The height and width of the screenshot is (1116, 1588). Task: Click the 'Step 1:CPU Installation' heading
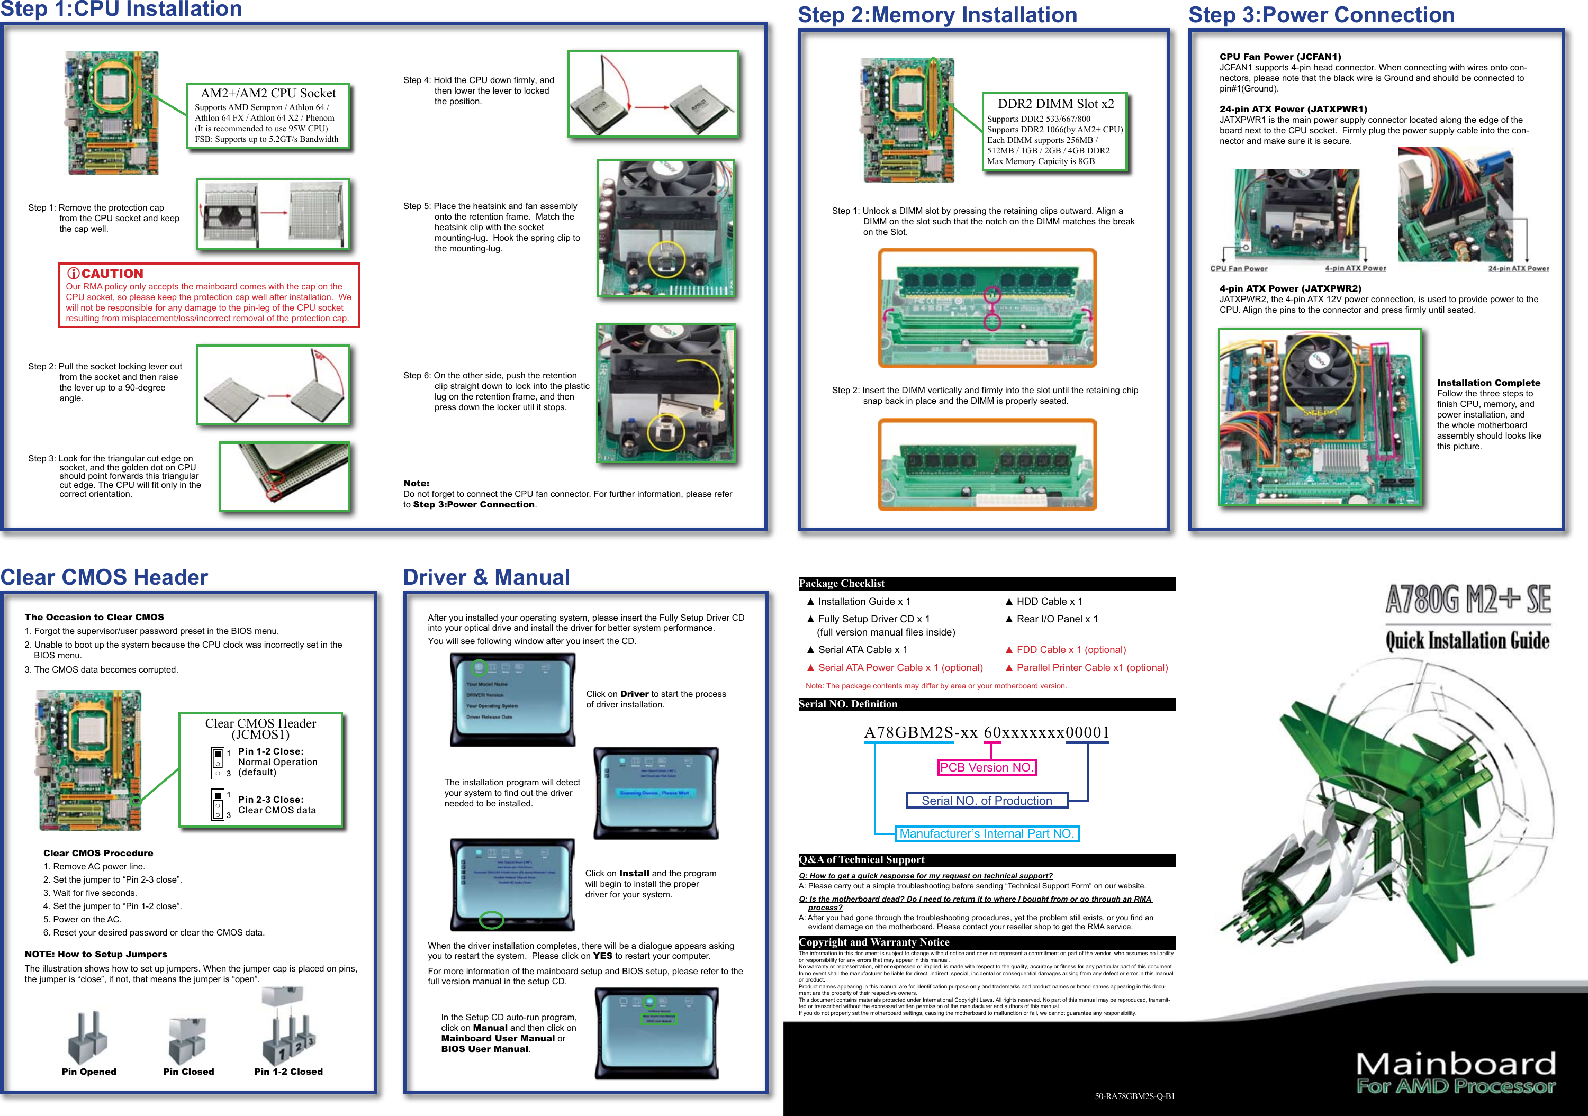[x=121, y=9]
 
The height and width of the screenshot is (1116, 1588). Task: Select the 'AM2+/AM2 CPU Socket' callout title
[x=268, y=93]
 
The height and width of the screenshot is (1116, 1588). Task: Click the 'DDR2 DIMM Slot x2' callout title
[x=1055, y=104]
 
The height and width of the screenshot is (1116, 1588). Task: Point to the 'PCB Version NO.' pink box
[x=986, y=767]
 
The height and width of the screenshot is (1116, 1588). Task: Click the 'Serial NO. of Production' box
[x=986, y=801]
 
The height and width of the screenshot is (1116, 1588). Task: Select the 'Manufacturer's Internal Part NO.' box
[x=986, y=834]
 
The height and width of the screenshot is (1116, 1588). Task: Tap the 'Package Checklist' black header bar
[x=986, y=584]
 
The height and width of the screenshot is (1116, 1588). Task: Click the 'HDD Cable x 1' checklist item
[x=1049, y=602]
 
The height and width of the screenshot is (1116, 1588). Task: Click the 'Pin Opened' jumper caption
[x=89, y=1072]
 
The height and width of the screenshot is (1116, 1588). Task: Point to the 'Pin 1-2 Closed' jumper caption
[x=288, y=1072]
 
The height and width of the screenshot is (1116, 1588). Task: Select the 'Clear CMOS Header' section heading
[x=104, y=577]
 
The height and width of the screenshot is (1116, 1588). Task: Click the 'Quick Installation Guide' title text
[x=1467, y=641]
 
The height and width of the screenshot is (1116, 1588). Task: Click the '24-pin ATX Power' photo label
[x=1518, y=269]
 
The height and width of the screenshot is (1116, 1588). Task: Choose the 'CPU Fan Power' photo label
[x=1239, y=269]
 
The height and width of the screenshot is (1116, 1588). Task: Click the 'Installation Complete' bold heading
[x=1488, y=383]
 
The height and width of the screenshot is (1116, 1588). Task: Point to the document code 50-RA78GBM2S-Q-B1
[x=1134, y=1096]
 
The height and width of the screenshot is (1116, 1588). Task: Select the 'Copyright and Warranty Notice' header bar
[x=986, y=942]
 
